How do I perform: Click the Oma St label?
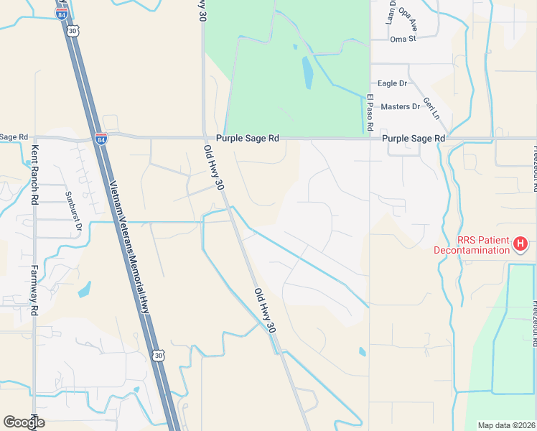tap(403, 39)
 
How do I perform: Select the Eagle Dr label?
tap(392, 83)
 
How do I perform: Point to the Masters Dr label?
tap(401, 106)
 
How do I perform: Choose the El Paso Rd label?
tap(370, 112)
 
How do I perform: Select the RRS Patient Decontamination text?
tap(472, 245)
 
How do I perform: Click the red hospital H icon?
tap(521, 245)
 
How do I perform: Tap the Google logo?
tap(24, 422)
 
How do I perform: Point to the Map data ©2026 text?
tap(507, 425)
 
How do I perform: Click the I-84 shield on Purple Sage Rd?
tap(101, 139)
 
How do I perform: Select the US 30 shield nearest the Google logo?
tap(159, 356)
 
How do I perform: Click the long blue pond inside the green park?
tap(307, 72)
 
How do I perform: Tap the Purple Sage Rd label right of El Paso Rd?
tap(413, 138)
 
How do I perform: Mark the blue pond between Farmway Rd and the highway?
tap(85, 289)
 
